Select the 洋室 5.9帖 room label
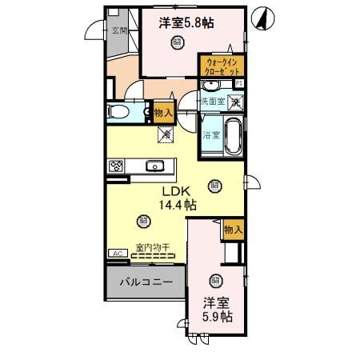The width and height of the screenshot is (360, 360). pyautogui.click(x=216, y=310)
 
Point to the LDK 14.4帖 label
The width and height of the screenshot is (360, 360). pyautogui.click(x=177, y=198)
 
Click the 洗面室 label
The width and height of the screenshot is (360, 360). pyautogui.click(x=211, y=102)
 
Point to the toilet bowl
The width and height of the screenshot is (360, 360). pyautogui.click(x=118, y=111)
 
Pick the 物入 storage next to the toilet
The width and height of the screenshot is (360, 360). pyautogui.click(x=162, y=113)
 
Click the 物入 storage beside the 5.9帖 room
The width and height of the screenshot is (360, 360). pyautogui.click(x=233, y=230)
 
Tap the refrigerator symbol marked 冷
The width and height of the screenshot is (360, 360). pyautogui.click(x=166, y=134)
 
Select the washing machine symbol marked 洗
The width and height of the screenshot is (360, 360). pyautogui.click(x=235, y=102)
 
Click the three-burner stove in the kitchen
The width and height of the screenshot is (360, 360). pyautogui.click(x=116, y=166)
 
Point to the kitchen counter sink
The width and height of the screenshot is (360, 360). pyautogui.click(x=155, y=166)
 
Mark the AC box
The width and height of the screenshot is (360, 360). pyautogui.click(x=118, y=254)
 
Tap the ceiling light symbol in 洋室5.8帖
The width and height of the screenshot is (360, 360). pyautogui.click(x=176, y=45)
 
